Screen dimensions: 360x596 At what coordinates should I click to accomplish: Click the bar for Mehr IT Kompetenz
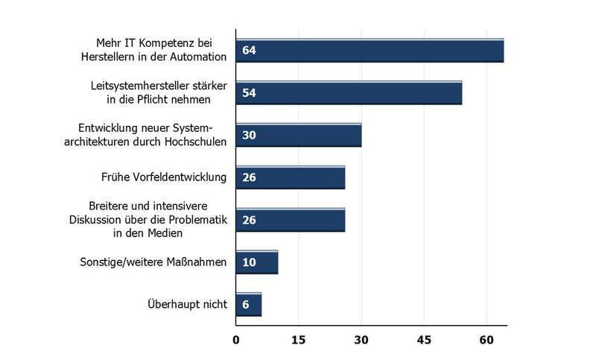370,51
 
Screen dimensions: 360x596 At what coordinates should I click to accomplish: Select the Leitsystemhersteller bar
349,93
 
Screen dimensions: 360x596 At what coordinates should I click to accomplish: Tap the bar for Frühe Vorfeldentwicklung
291,177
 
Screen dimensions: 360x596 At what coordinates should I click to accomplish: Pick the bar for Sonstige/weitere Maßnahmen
257,262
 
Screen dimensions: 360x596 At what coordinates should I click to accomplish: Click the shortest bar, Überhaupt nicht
249,305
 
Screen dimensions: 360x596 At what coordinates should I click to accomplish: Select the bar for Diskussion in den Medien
291,220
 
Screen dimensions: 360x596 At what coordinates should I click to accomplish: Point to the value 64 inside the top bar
250,51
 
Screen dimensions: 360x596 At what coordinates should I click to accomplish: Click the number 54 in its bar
250,94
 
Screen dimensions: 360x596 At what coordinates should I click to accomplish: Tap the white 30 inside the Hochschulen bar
250,136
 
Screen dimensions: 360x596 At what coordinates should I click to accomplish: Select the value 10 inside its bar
250,263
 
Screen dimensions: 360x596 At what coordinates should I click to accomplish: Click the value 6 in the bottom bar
245,306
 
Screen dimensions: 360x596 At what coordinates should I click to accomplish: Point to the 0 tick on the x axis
236,341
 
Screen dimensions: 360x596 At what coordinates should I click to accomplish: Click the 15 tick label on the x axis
299,341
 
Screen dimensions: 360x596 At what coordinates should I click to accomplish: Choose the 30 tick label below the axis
361,341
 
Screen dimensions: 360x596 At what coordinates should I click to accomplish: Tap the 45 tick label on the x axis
424,341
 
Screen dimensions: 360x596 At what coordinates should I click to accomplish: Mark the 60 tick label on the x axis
486,341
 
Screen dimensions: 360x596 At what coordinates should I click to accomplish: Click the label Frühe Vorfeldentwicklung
163,177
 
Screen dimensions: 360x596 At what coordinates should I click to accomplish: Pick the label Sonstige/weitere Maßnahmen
153,262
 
